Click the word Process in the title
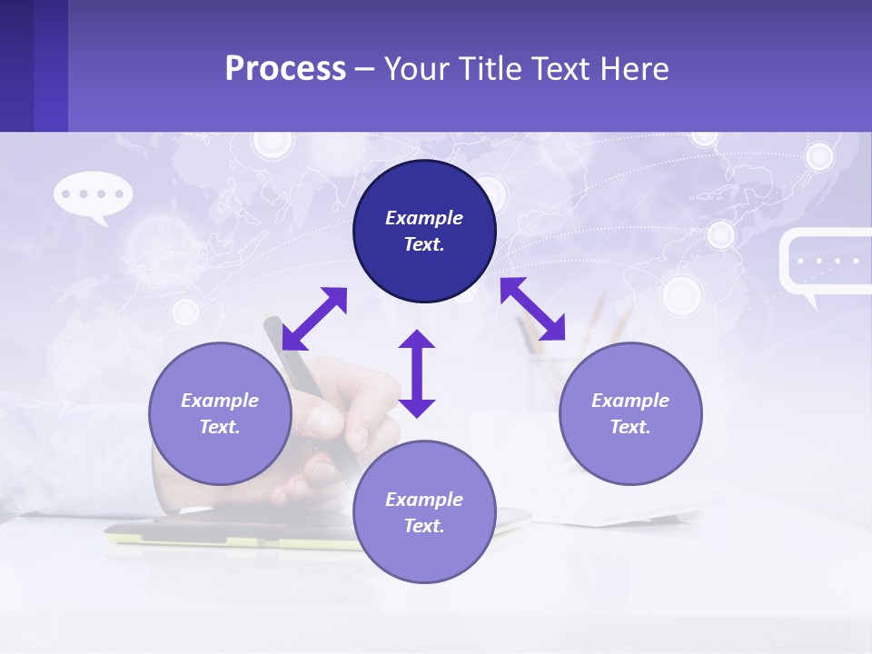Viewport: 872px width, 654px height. [285, 69]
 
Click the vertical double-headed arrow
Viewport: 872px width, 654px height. [417, 373]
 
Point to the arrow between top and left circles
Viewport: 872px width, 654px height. [314, 319]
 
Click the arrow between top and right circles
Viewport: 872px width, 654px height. [533, 309]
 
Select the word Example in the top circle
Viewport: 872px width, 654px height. [424, 218]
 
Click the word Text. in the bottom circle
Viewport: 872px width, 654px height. [424, 526]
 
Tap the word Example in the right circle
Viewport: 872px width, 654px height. [630, 401]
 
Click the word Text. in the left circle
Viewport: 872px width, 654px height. [220, 427]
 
